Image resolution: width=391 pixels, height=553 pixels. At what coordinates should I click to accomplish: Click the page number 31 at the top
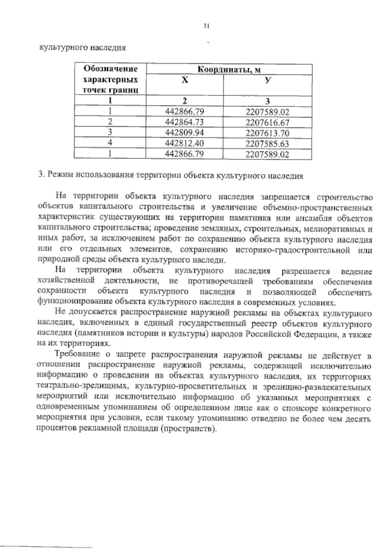click(x=206, y=26)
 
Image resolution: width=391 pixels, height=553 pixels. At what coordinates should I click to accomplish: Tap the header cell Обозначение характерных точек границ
click(x=111, y=80)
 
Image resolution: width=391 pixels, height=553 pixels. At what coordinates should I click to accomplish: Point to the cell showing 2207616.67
click(x=266, y=122)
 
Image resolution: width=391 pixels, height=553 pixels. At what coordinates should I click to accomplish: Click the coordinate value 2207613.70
click(x=266, y=132)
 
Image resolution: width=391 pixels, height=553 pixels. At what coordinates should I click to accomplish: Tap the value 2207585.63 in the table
click(x=266, y=143)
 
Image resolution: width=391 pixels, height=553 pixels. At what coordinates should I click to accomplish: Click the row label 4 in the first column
click(x=111, y=143)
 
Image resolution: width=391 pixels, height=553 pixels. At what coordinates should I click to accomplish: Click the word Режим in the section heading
click(x=64, y=175)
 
